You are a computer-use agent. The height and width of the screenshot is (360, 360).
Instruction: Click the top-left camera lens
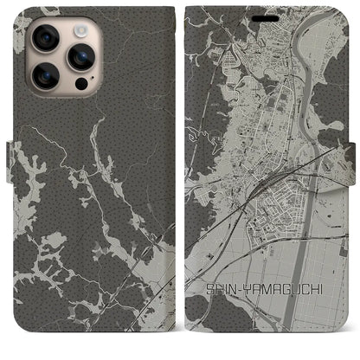[44, 39]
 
